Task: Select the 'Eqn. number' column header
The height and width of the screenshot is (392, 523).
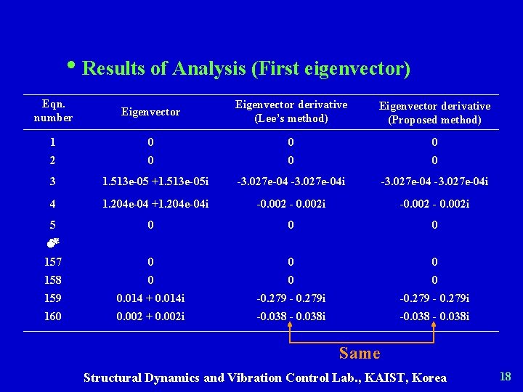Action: (53, 111)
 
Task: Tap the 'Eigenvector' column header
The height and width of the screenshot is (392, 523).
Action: (150, 112)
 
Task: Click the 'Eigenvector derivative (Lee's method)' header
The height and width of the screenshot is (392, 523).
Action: (291, 111)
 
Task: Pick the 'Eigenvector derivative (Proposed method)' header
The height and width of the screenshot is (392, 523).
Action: (434, 113)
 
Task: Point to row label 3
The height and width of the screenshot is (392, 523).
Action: (53, 180)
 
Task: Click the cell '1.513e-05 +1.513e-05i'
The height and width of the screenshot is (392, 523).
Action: (150, 180)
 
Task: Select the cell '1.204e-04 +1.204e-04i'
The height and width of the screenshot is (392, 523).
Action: (150, 204)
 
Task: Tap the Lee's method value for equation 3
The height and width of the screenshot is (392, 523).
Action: (291, 180)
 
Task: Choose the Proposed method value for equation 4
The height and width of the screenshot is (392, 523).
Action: (434, 204)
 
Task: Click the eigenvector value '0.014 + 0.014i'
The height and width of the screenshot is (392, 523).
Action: (150, 298)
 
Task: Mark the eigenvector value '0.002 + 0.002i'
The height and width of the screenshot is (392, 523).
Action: (150, 316)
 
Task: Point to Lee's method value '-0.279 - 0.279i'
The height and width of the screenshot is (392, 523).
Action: (291, 298)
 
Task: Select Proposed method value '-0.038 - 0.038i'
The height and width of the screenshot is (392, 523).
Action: (434, 316)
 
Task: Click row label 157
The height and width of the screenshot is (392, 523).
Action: (53, 261)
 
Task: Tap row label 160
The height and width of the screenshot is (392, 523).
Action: (53, 316)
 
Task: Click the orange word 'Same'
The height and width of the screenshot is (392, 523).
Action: (360, 354)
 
